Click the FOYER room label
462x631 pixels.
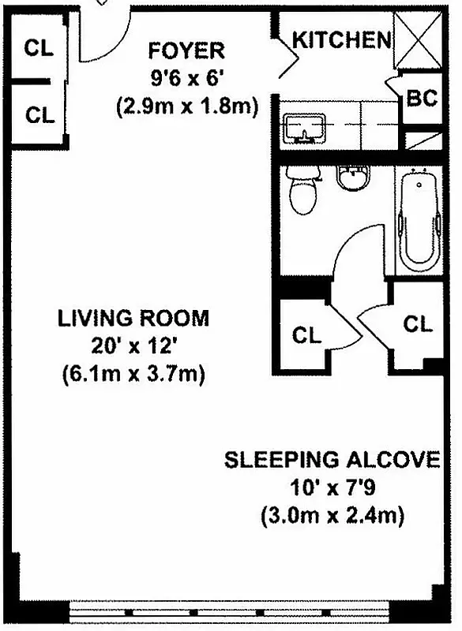tap(186, 51)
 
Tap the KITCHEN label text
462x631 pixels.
tap(341, 39)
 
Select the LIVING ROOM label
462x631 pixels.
tap(133, 319)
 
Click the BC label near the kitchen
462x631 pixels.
tap(421, 99)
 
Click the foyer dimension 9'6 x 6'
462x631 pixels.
tap(186, 79)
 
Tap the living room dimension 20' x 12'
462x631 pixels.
tap(133, 346)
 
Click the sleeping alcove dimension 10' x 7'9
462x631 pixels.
tap(332, 489)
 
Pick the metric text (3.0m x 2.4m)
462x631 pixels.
tap(332, 517)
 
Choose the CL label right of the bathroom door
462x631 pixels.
tap(419, 323)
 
